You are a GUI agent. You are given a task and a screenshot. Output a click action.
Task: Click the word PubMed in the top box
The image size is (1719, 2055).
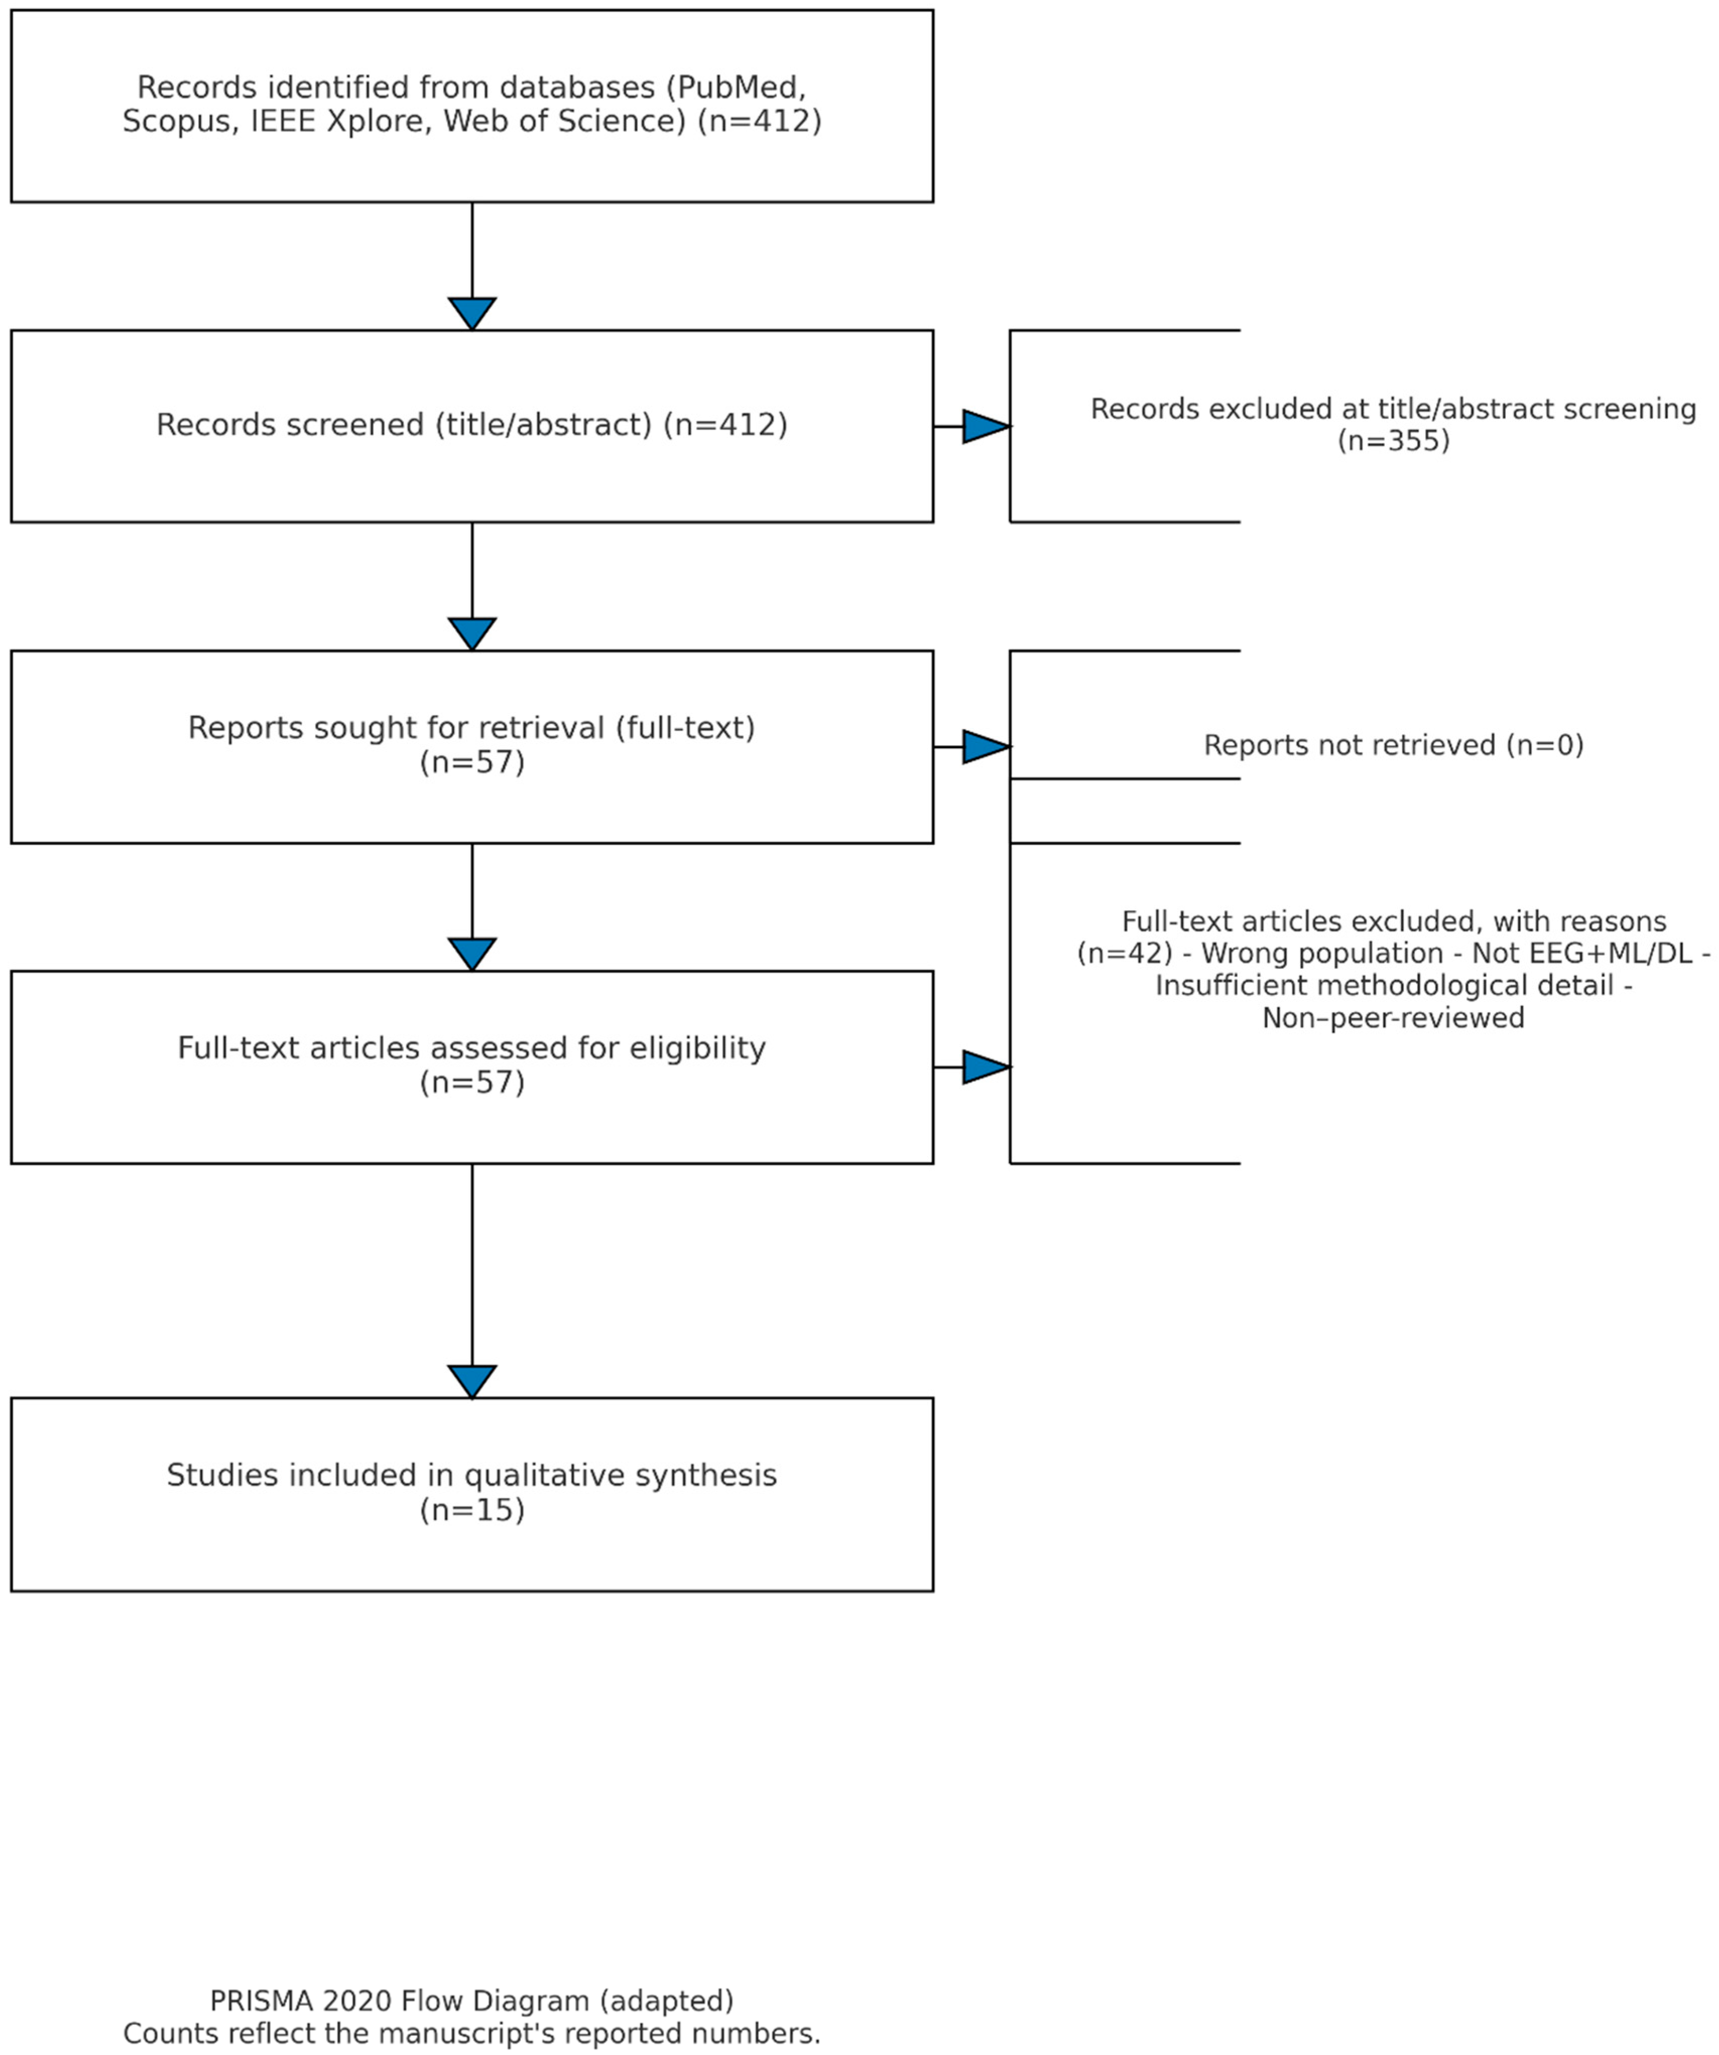click(740, 87)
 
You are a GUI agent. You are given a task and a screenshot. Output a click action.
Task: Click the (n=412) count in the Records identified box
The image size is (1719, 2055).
click(759, 121)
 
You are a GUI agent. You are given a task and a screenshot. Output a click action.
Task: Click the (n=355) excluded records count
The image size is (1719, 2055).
click(1393, 441)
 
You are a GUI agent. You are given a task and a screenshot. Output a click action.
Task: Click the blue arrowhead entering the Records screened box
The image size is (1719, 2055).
click(472, 313)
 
